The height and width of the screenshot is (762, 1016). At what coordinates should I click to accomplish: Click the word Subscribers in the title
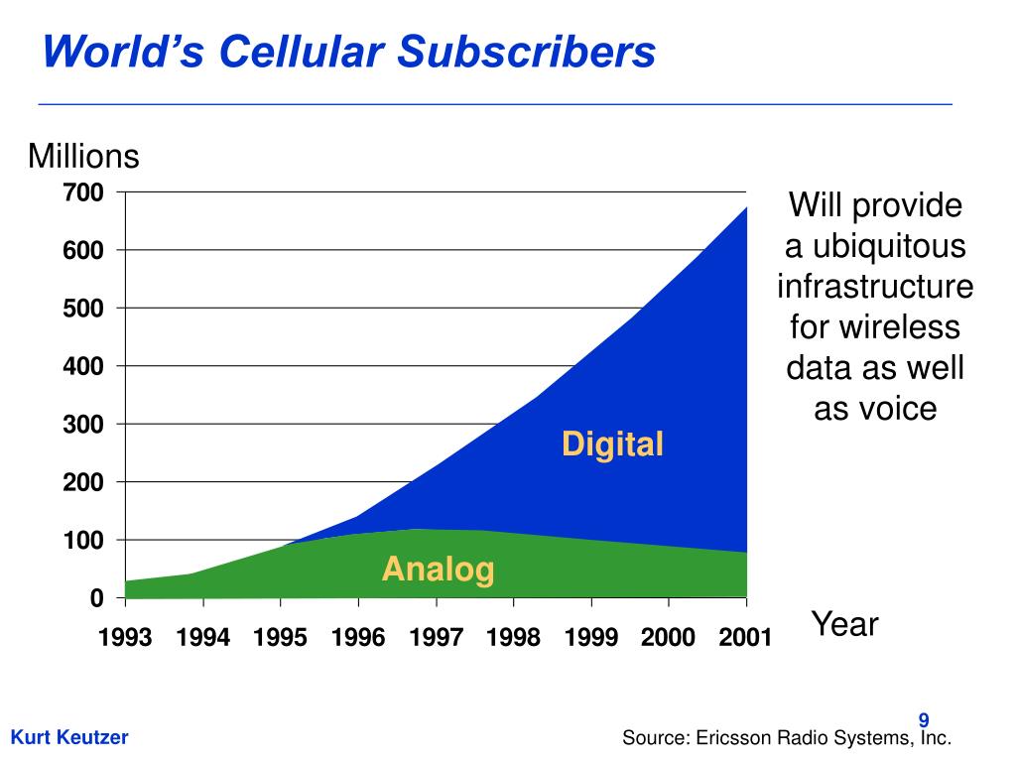526,52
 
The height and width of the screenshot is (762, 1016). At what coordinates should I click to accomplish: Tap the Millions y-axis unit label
84,157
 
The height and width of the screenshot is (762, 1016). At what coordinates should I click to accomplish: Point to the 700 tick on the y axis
83,192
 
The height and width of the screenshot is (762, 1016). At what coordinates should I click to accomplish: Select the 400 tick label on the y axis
83,366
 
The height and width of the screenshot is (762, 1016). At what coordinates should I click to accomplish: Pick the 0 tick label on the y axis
96,598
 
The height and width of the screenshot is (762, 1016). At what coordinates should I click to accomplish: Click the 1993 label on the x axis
125,637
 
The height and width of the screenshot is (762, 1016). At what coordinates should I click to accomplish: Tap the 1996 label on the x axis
358,637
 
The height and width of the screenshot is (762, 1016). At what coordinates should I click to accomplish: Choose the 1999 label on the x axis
591,637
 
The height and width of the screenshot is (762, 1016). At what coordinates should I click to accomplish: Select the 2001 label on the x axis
746,637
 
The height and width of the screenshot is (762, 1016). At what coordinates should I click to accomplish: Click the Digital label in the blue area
612,444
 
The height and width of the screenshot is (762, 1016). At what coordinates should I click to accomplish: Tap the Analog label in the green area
439,570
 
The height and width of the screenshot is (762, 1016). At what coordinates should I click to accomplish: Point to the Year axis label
845,624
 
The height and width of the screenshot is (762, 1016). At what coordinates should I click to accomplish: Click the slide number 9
923,720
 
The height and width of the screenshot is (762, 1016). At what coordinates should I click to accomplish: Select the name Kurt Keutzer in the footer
69,737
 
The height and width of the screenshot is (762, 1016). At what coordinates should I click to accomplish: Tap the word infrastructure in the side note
875,287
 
